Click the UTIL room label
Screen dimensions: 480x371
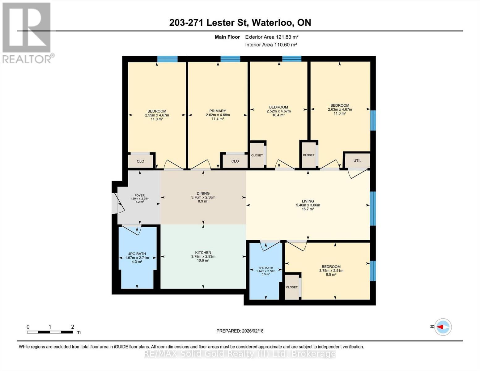357,161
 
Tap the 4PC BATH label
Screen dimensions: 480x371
137,254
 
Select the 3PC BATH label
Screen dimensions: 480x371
266,268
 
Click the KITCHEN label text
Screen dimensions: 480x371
203,253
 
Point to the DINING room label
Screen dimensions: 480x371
203,193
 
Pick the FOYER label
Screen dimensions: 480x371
140,195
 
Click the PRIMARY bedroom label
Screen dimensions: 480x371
218,111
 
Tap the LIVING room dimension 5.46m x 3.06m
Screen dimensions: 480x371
308,205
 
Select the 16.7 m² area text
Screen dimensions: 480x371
308,209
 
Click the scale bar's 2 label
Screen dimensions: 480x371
72,326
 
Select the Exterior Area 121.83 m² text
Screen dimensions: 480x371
272,37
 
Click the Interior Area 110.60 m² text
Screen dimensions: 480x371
271,45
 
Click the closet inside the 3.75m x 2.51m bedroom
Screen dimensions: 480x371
292,287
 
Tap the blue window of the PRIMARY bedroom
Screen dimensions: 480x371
230,59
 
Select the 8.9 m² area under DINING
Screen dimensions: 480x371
203,201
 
